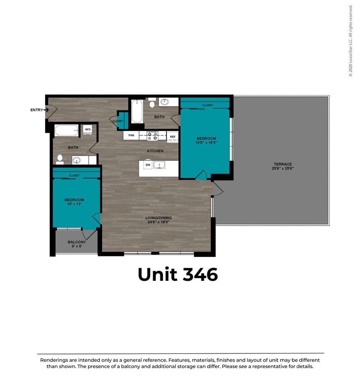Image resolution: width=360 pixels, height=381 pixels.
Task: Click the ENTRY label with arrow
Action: coord(40,110)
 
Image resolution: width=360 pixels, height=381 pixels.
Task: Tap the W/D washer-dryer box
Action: coord(88,130)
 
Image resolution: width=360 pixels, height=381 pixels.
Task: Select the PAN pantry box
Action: coord(131,135)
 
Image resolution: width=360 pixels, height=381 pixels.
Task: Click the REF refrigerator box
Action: coord(173,136)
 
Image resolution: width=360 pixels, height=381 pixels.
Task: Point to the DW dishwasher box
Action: coord(147,165)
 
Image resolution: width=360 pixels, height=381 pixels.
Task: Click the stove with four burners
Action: coord(152,135)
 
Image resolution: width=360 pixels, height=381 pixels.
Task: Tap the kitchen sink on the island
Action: coord(160,166)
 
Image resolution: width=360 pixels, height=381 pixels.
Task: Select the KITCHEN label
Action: coord(155,151)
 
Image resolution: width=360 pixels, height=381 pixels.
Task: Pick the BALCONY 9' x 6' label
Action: coord(77,244)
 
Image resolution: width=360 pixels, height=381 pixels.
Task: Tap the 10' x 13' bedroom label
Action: coord(74,202)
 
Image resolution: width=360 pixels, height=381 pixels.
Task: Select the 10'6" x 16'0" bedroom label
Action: coord(206,140)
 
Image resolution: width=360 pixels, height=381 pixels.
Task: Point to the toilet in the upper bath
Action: coord(152,104)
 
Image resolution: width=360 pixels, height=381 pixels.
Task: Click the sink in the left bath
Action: coord(77,160)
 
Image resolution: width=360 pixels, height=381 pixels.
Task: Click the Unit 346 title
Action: coord(178,274)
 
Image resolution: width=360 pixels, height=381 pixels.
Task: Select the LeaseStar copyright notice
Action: coord(350,41)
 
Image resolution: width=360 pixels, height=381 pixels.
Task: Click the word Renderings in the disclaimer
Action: coord(54,360)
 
